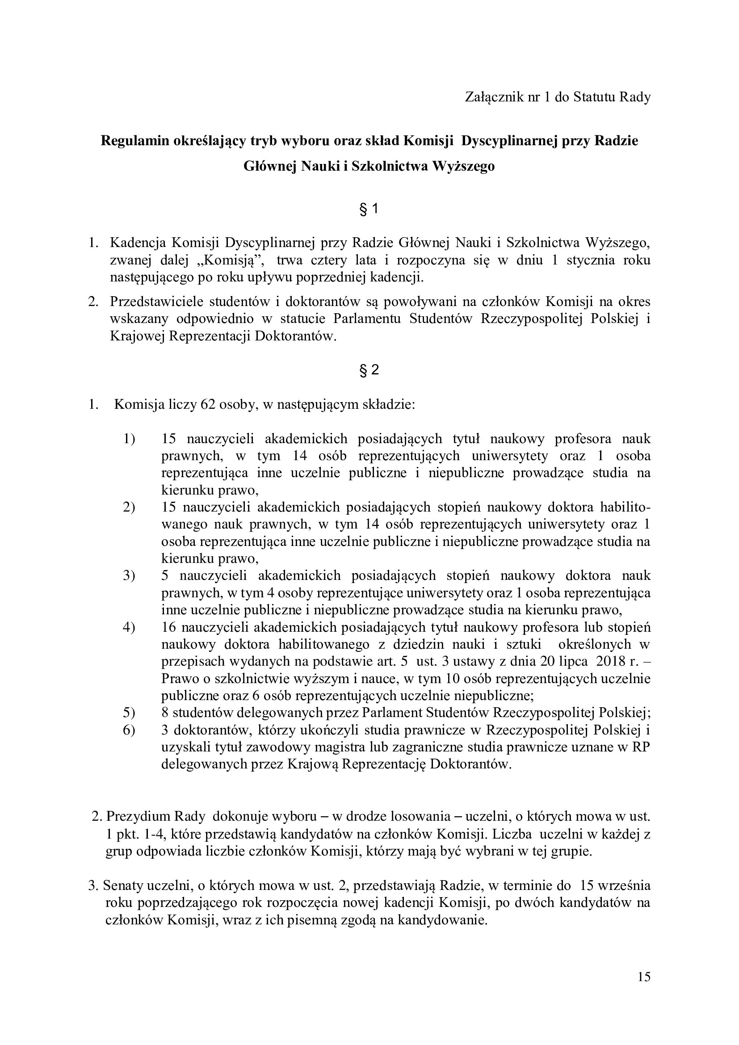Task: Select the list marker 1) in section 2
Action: (129, 439)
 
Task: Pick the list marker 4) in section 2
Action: (129, 627)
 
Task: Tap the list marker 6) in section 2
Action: (129, 730)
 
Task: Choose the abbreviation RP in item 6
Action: (642, 747)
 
